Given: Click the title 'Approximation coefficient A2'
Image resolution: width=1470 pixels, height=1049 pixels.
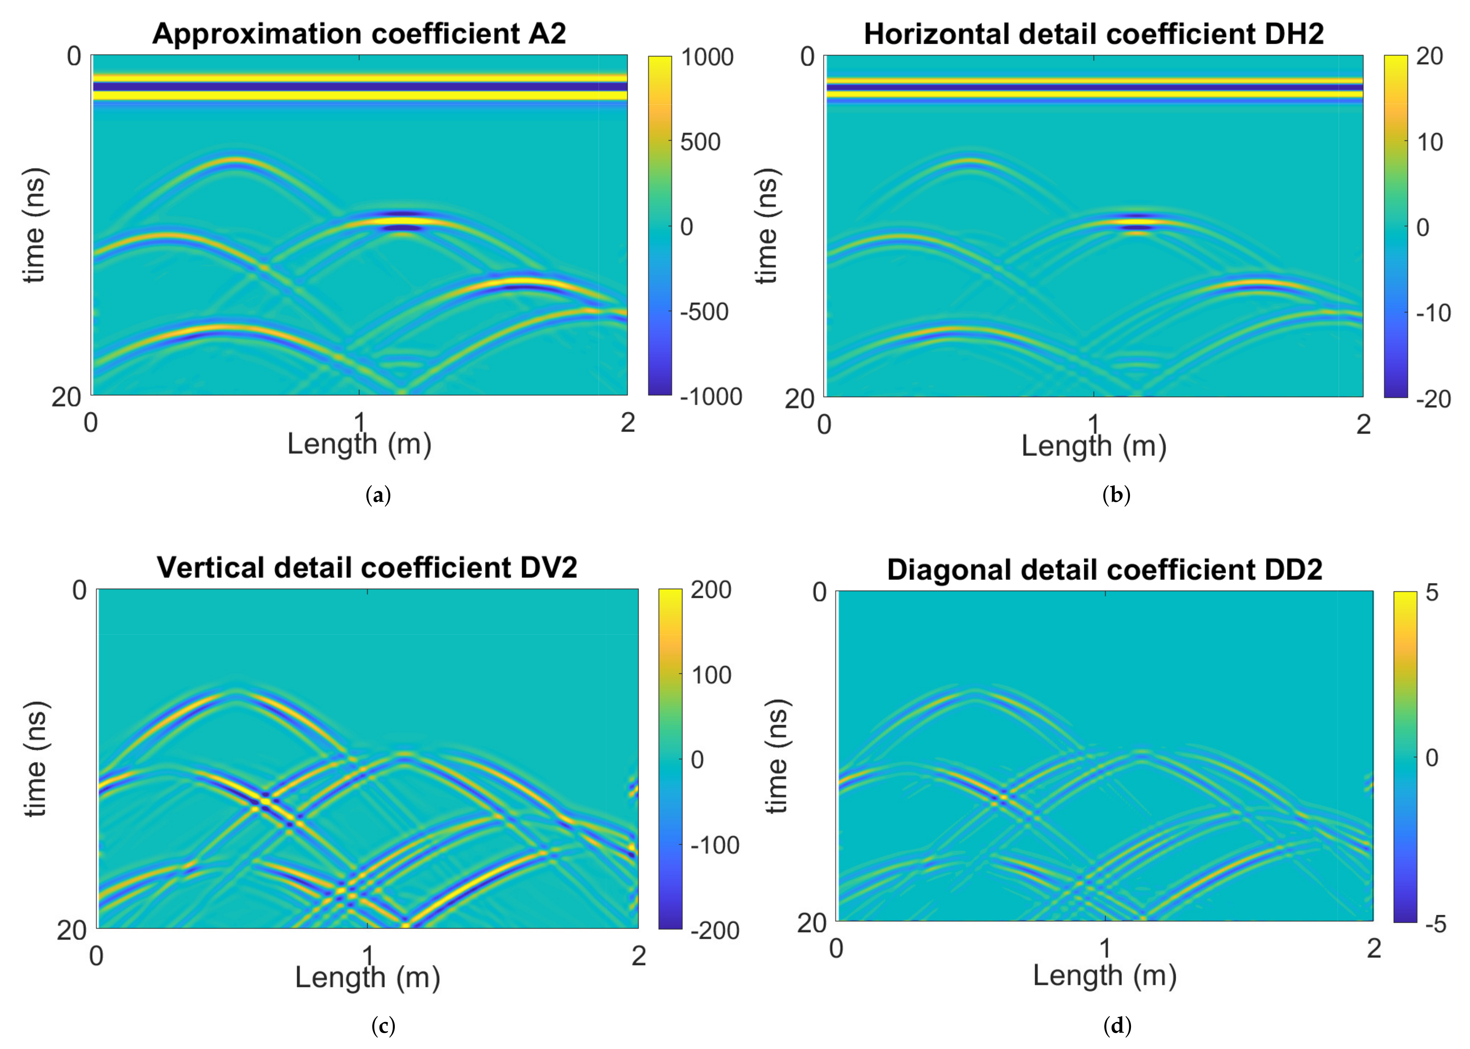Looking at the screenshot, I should coord(359,34).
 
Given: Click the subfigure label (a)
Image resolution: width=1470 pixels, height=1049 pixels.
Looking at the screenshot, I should coord(378,496).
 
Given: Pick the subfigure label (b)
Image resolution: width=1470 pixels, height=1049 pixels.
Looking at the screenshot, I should coord(1116,496).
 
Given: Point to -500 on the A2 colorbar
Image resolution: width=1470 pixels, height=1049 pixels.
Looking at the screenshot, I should coord(704,312).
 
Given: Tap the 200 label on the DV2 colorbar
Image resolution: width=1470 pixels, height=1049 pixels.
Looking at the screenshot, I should coord(711,590).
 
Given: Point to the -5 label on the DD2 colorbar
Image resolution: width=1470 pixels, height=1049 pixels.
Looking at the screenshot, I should coord(1435,925).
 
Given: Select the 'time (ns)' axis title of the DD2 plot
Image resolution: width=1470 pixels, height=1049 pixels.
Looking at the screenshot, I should coord(777,756).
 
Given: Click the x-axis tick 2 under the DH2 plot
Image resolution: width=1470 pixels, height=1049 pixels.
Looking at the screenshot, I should coord(1363,424).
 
